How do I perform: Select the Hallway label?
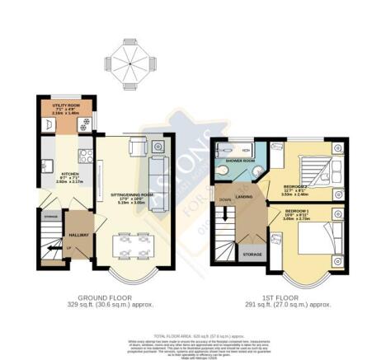click(78, 236)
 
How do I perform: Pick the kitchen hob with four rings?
click(83, 155)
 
